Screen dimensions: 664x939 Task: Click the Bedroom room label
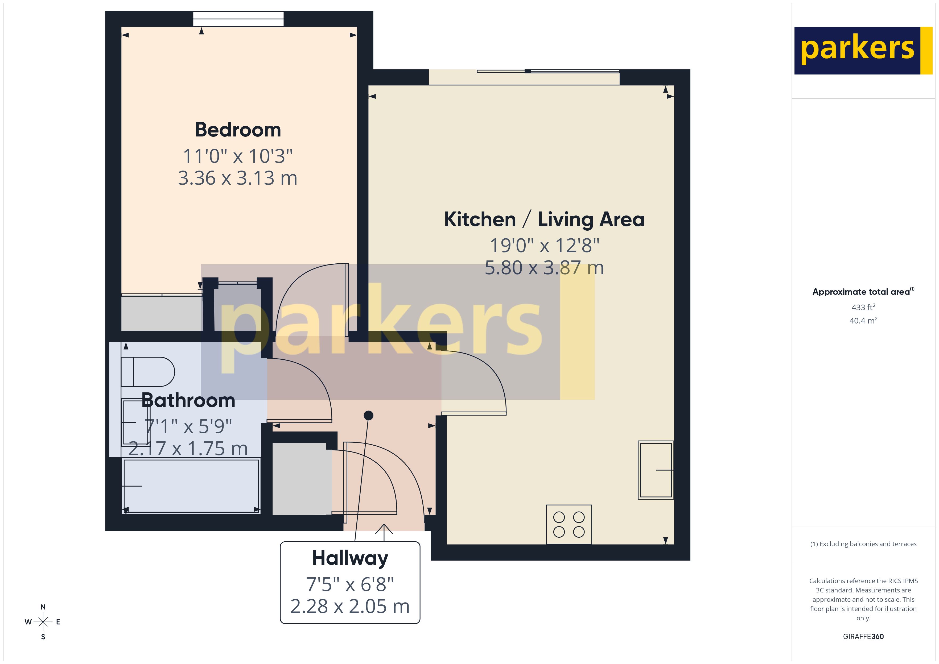[x=238, y=130]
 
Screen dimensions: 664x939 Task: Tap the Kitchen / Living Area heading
[x=544, y=219]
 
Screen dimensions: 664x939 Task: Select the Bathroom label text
[x=188, y=400]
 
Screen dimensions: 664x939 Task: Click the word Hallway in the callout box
[x=350, y=558]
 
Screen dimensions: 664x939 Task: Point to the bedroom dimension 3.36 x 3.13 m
[x=238, y=178]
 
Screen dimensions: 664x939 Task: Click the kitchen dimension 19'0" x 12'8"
[x=544, y=246]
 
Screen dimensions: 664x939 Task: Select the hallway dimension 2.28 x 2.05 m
[x=350, y=606]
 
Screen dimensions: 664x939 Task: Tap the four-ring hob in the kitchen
[x=569, y=525]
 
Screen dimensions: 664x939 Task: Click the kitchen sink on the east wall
[x=656, y=470]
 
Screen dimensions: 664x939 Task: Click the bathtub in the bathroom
[x=191, y=486]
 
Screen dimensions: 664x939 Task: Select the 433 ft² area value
[x=863, y=307]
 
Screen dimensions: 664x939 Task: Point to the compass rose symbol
[x=43, y=622]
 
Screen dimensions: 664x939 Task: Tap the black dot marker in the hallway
[x=368, y=416]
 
